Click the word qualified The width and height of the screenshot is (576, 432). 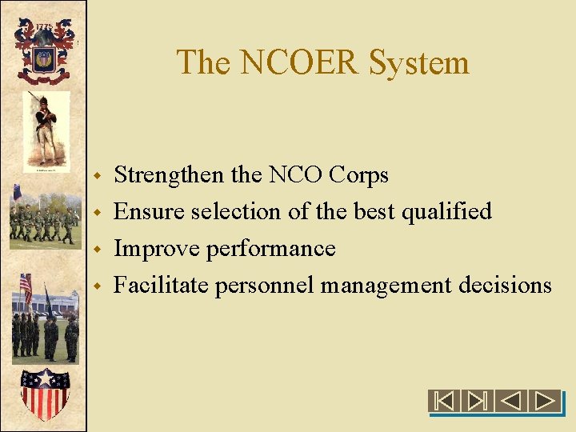click(x=446, y=212)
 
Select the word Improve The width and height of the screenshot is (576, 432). click(x=157, y=249)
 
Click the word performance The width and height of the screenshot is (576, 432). click(x=270, y=249)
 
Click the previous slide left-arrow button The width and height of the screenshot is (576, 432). click(x=512, y=400)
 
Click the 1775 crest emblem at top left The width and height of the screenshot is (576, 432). click(x=43, y=50)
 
